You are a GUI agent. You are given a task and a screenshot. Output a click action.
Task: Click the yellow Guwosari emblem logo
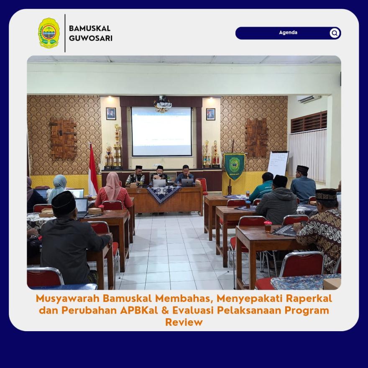click(49, 33)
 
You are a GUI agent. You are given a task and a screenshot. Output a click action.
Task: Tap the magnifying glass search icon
click(335, 33)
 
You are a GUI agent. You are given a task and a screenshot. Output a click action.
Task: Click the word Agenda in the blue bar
click(288, 33)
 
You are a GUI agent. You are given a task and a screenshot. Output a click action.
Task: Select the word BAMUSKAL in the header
click(89, 28)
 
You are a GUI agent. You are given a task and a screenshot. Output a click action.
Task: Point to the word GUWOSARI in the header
click(91, 38)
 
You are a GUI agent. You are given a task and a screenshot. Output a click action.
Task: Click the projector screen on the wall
click(162, 131)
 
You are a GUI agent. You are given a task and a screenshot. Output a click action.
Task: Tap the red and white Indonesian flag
click(93, 170)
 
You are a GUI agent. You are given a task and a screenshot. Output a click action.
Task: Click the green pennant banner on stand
click(234, 166)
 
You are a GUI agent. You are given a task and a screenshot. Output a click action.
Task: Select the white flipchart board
click(278, 164)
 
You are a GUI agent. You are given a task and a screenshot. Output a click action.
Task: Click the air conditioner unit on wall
click(309, 99)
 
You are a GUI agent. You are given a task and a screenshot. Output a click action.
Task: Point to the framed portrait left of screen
click(111, 114)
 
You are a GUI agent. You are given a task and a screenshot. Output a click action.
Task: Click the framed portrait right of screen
click(210, 114)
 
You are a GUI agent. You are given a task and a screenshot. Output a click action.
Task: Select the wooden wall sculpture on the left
click(64, 138)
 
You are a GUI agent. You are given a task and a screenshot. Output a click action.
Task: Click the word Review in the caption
click(184, 322)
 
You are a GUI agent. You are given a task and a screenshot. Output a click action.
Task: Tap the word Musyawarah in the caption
click(68, 299)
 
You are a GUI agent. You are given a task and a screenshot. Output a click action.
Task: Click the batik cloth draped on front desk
click(164, 194)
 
